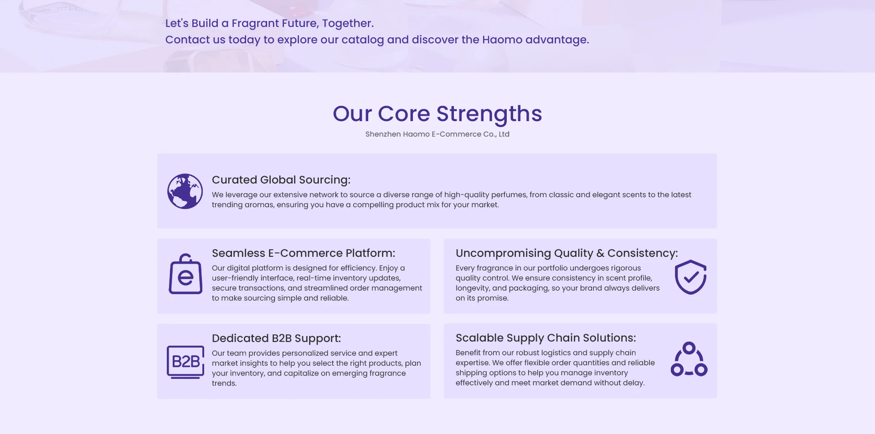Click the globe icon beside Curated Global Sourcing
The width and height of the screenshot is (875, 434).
coord(185,191)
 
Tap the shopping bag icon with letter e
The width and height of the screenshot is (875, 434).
coord(185,274)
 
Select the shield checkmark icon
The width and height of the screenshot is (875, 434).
coord(690,277)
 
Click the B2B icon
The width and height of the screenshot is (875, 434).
coord(185,362)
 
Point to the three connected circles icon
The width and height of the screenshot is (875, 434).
coord(689,359)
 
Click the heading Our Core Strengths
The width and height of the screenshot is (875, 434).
coord(437,114)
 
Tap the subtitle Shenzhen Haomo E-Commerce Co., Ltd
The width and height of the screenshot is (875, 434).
coord(437,134)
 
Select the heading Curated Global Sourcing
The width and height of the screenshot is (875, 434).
coord(281,180)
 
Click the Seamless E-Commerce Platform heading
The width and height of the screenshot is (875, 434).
coord(304,253)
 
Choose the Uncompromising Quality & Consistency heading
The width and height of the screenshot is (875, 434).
coord(567,253)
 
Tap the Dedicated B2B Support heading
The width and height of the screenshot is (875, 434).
coord(276,338)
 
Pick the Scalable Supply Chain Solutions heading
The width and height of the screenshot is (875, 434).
coord(546,338)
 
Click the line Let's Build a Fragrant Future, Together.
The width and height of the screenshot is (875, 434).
coord(269,23)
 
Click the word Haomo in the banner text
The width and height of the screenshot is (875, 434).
coord(502,40)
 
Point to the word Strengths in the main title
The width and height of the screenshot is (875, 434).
coord(489,114)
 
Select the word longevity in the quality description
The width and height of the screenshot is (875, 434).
coord(473,288)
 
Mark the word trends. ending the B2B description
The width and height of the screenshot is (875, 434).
coord(224,383)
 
